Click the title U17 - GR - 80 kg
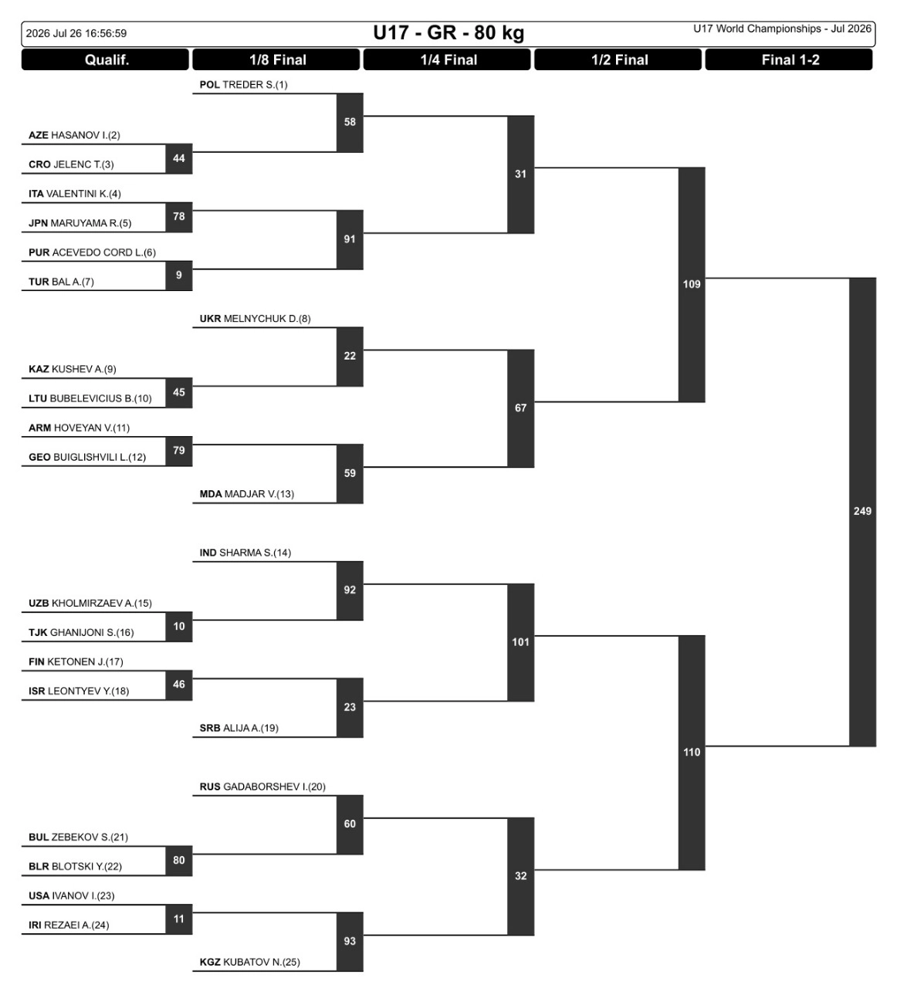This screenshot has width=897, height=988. coord(448,33)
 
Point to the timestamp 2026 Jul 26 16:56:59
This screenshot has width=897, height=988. coord(76,33)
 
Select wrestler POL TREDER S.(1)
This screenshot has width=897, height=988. coord(243,85)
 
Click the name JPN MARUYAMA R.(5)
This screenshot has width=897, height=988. coord(80,223)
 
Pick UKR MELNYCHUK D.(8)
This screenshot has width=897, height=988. coord(256,319)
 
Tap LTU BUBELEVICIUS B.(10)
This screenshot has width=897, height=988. coord(90,398)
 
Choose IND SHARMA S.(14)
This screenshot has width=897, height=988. coord(245,553)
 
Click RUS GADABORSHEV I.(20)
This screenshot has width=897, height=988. coord(262,787)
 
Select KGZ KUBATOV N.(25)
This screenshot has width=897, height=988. coord(250,962)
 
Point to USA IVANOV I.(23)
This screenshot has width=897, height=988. coord(72,895)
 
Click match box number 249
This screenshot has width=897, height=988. coord(862,512)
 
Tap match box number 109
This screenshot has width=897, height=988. coord(692,285)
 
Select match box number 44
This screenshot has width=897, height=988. coord(179,158)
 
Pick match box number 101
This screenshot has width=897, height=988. coord(520,642)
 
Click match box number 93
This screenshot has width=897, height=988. coord(350,941)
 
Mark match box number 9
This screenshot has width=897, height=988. coord(179,276)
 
